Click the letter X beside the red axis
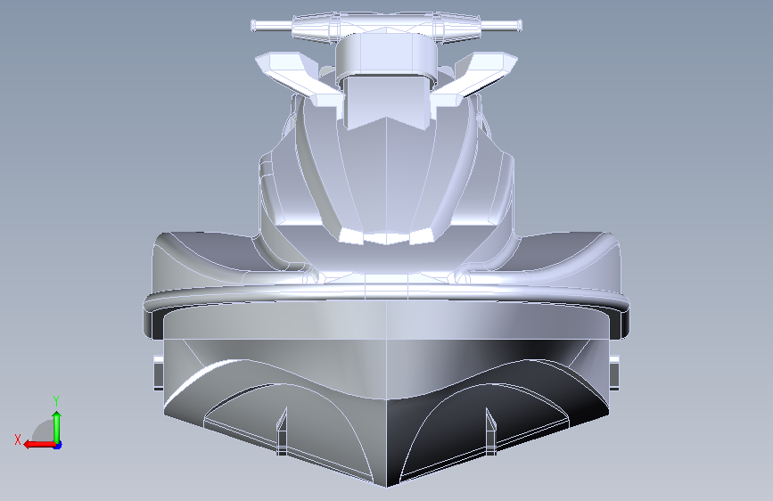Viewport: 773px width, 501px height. click(x=18, y=439)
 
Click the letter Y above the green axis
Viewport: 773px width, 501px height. click(x=56, y=401)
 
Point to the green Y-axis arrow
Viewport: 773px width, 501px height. click(x=57, y=427)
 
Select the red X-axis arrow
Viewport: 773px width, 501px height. click(x=40, y=445)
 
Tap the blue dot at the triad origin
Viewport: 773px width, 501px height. click(x=58, y=445)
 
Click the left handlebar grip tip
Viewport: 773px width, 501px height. click(x=253, y=26)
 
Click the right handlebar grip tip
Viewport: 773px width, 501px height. click(x=519, y=25)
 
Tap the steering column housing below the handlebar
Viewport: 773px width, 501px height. click(x=386, y=57)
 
